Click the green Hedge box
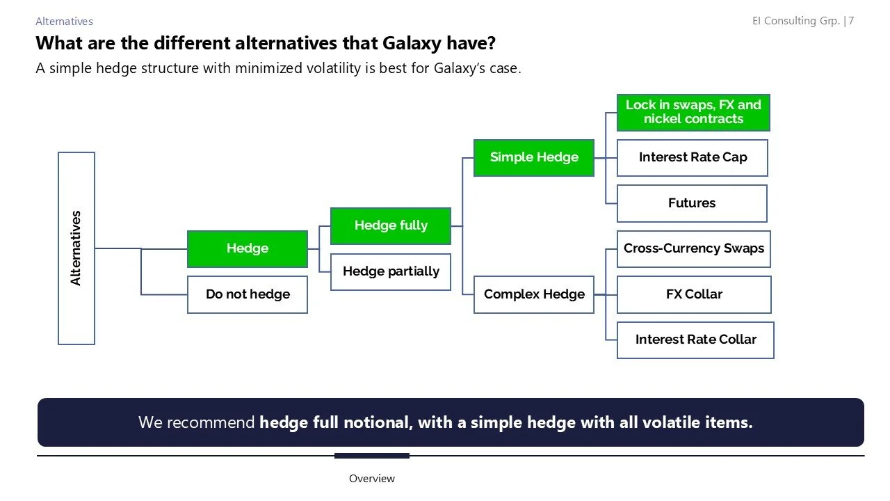tap(247, 248)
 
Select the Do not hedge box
tap(247, 294)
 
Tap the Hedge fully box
tap(390, 225)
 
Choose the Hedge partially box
tap(390, 271)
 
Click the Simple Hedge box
tap(533, 157)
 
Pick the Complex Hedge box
tap(533, 294)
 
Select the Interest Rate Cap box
tap(692, 157)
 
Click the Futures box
tap(692, 203)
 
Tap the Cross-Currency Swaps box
tap(693, 248)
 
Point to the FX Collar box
tap(693, 294)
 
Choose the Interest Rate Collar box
tap(695, 340)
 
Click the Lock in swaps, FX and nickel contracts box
tap(693, 112)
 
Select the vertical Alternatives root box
tap(76, 248)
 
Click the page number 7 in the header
tap(851, 21)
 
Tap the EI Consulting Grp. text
tap(795, 21)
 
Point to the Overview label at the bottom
tap(371, 479)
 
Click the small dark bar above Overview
tap(371, 456)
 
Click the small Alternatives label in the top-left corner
tap(64, 22)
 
